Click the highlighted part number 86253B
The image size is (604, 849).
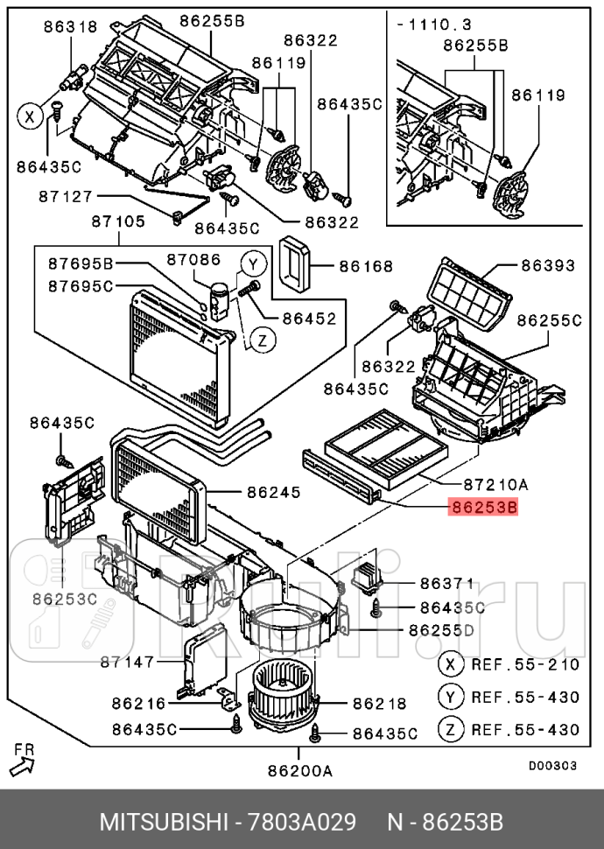tap(483, 507)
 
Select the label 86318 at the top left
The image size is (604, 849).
tap(70, 27)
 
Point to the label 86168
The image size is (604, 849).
tap(366, 266)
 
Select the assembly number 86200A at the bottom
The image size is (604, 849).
tap(299, 771)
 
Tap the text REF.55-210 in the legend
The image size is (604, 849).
tap(525, 664)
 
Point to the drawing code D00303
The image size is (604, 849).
tap(551, 765)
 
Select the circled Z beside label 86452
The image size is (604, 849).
tap(260, 340)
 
